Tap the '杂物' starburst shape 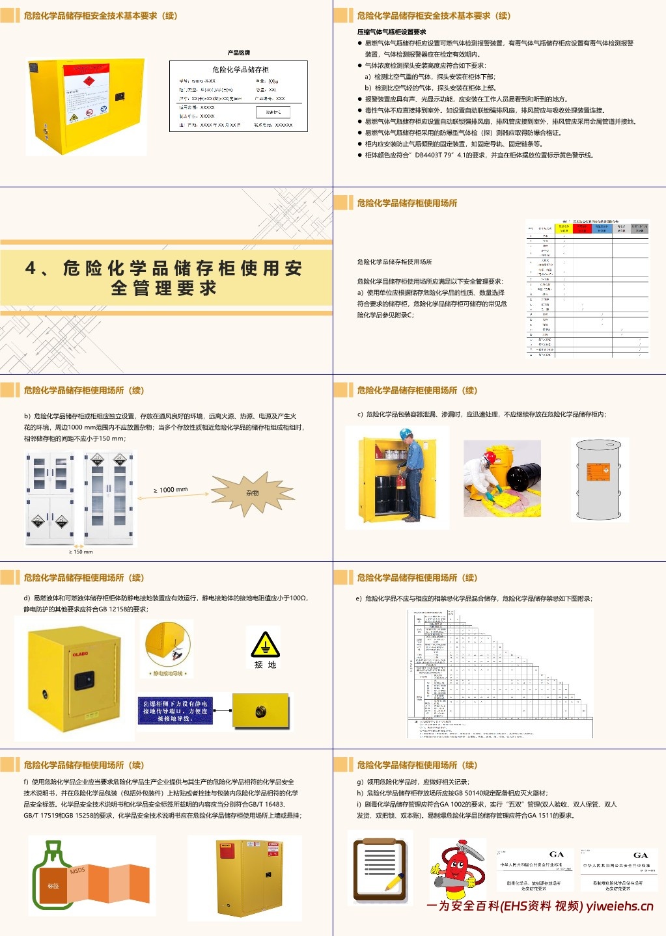coord(252,493)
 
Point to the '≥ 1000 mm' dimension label coord(171,490)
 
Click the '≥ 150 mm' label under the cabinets coord(81,552)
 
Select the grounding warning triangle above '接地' coord(265,645)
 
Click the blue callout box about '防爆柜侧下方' coord(174,711)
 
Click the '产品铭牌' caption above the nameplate coord(238,53)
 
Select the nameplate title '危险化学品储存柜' coord(240,70)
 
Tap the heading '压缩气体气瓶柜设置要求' coord(391,32)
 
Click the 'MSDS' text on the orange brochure coord(77,870)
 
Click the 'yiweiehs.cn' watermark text coord(619,906)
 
